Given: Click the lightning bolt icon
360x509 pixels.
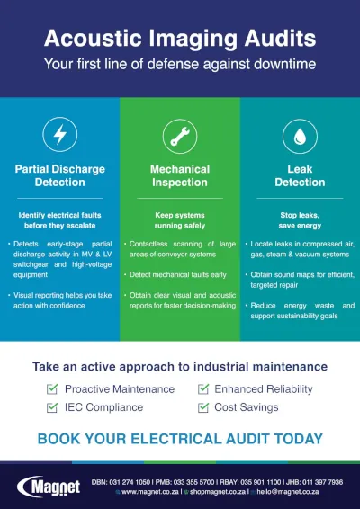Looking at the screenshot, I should pyautogui.click(x=60, y=136).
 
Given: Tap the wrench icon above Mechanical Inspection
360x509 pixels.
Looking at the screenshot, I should pyautogui.click(x=180, y=136).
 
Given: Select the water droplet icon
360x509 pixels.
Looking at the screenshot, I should pyautogui.click(x=300, y=136).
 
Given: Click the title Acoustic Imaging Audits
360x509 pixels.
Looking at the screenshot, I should pyautogui.click(x=180, y=39).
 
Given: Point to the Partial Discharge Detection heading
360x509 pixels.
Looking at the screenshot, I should pyautogui.click(x=60, y=175).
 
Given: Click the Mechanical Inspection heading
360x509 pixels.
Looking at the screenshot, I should pyautogui.click(x=180, y=175).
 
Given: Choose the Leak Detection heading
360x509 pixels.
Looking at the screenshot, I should pyautogui.click(x=300, y=175).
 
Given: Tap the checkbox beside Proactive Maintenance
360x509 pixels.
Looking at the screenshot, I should pyautogui.click(x=53, y=389).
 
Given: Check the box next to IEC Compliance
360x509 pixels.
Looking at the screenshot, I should pyautogui.click(x=53, y=407).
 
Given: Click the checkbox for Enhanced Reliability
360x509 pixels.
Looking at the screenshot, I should pyautogui.click(x=203, y=389).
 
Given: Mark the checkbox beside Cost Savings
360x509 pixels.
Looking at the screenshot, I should pyautogui.click(x=203, y=407).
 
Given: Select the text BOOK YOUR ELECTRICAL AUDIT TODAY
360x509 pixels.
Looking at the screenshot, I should pyautogui.click(x=180, y=439).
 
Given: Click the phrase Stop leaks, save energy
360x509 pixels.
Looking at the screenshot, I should pyautogui.click(x=300, y=221).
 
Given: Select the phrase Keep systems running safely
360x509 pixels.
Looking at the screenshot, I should pyautogui.click(x=180, y=221).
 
